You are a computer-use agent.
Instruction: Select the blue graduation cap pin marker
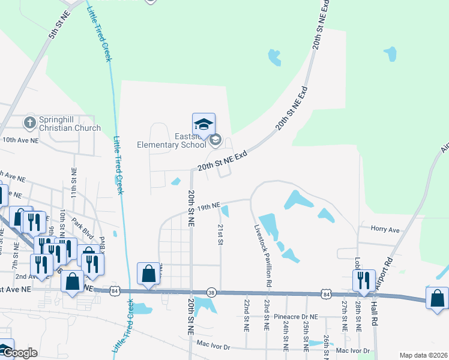(203, 125)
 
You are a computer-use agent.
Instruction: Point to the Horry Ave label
(385, 230)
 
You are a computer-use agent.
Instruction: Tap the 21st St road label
(220, 235)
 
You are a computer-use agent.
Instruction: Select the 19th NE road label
(209, 206)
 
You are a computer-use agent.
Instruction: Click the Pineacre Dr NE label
(294, 316)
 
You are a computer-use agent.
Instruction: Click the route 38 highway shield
(211, 292)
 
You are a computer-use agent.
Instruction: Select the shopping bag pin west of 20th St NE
(148, 274)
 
